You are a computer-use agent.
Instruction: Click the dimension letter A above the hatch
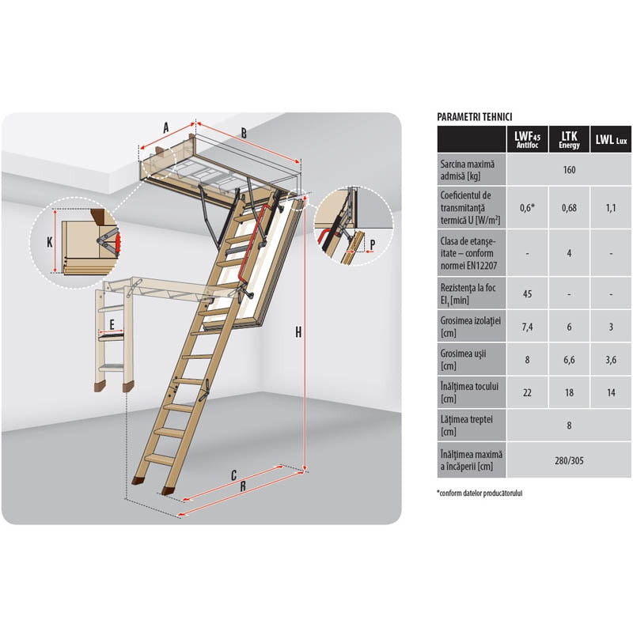pos(165,128)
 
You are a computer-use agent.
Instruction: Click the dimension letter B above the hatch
pos(244,133)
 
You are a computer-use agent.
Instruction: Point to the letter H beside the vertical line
pos(298,332)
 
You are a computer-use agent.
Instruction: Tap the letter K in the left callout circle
pos(50,242)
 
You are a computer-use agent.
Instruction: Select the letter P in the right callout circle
pos(373,245)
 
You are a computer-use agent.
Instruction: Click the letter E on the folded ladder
pos(112,324)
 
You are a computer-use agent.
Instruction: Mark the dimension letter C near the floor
pos(233,475)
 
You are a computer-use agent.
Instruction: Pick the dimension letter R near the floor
pos(243,486)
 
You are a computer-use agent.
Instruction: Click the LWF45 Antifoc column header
pos(527,139)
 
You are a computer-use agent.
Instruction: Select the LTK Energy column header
pos(569,139)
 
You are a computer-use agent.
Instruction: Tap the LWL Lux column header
pos(611,140)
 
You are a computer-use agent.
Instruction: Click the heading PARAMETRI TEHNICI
pos(474,117)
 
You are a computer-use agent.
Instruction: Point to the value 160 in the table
pos(569,169)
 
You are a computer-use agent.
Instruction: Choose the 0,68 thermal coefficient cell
pos(569,208)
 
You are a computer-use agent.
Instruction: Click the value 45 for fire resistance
pos(527,294)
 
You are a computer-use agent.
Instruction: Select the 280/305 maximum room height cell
pos(569,460)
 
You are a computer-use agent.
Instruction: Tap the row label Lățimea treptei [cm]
pos(467,425)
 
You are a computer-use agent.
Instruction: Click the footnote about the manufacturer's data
pos(479,493)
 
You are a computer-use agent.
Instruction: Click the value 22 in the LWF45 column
pos(527,392)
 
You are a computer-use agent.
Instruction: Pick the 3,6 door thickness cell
pos(611,359)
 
